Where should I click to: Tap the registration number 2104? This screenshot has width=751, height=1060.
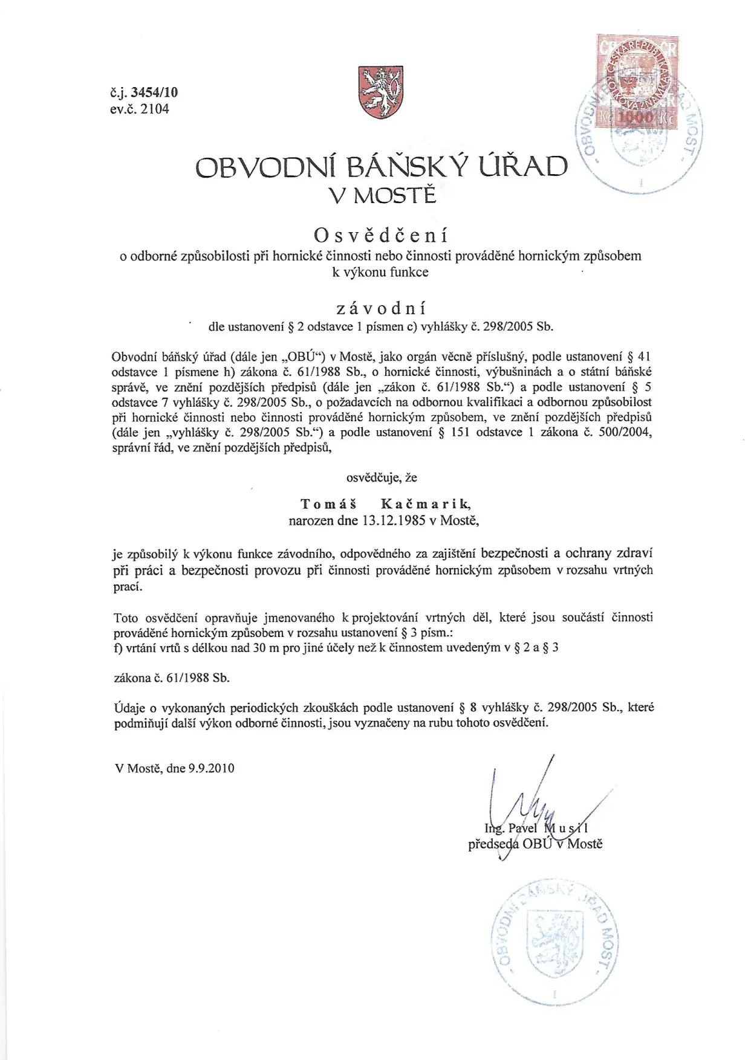click(x=155, y=109)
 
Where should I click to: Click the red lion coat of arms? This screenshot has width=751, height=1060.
click(x=381, y=92)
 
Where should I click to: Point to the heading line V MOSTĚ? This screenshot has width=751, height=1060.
click(x=382, y=195)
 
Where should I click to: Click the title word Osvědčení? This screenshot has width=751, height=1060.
click(x=381, y=234)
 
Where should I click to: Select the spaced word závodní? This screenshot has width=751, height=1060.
click(x=381, y=308)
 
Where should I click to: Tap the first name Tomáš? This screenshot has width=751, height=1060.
click(x=329, y=503)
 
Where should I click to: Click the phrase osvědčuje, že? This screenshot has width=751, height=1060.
click(x=382, y=477)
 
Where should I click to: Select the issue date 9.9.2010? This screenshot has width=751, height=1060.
click(x=211, y=769)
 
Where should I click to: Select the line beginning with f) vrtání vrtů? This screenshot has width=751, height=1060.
click(x=336, y=648)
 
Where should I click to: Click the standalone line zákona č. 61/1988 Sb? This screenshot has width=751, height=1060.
click(x=172, y=678)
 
